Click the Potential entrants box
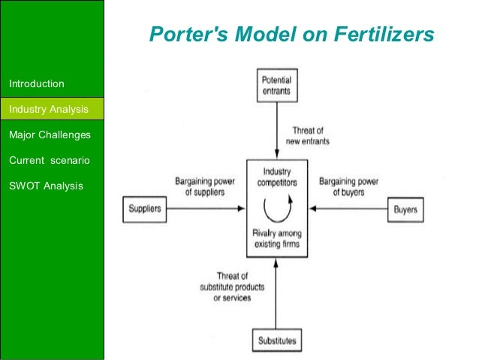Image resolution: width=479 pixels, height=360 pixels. [x=276, y=86]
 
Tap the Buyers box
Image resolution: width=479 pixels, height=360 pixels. [x=406, y=208]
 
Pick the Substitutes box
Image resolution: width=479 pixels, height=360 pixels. [x=276, y=340]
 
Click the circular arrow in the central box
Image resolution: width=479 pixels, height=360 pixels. [x=276, y=208]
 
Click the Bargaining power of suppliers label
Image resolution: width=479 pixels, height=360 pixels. [x=199, y=186]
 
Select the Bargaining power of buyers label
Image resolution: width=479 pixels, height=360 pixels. [x=348, y=186]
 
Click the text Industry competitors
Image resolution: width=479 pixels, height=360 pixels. [x=276, y=177]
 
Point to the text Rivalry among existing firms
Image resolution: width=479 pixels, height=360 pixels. [x=276, y=238]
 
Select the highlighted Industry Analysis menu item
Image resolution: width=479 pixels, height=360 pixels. [x=48, y=110]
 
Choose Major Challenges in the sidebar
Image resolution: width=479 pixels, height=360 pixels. [x=49, y=135]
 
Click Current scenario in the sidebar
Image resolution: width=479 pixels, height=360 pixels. [x=47, y=160]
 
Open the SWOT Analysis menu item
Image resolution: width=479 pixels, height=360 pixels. [x=46, y=185]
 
